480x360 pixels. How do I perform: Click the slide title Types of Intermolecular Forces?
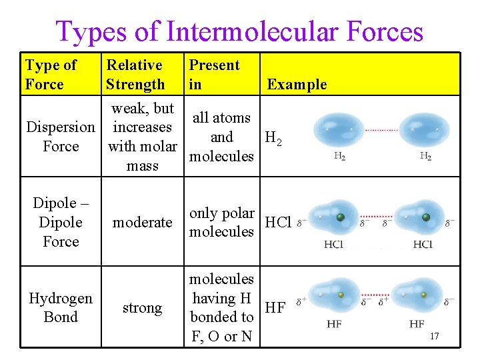(x=239, y=31)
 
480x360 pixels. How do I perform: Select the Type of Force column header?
(x=51, y=75)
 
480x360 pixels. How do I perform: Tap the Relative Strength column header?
(x=135, y=75)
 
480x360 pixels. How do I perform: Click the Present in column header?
(x=214, y=75)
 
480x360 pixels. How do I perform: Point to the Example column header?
(x=297, y=84)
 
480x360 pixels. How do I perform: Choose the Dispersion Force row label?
(x=60, y=137)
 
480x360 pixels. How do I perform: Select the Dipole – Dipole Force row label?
(x=60, y=222)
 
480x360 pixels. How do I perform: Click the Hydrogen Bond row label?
(x=60, y=307)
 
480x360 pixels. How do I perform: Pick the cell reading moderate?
(x=142, y=222)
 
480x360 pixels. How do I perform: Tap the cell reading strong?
(x=142, y=307)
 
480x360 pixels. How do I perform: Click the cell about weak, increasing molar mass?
(x=142, y=137)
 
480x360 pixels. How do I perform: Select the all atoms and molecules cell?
(x=221, y=137)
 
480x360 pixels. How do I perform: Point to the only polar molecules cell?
(x=221, y=222)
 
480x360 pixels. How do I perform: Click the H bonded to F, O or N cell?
(x=221, y=307)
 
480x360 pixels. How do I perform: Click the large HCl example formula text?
(x=278, y=222)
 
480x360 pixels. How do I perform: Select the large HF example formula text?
(x=275, y=307)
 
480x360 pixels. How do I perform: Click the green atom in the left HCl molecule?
(x=341, y=217)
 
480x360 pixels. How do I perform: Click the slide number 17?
(x=434, y=337)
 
